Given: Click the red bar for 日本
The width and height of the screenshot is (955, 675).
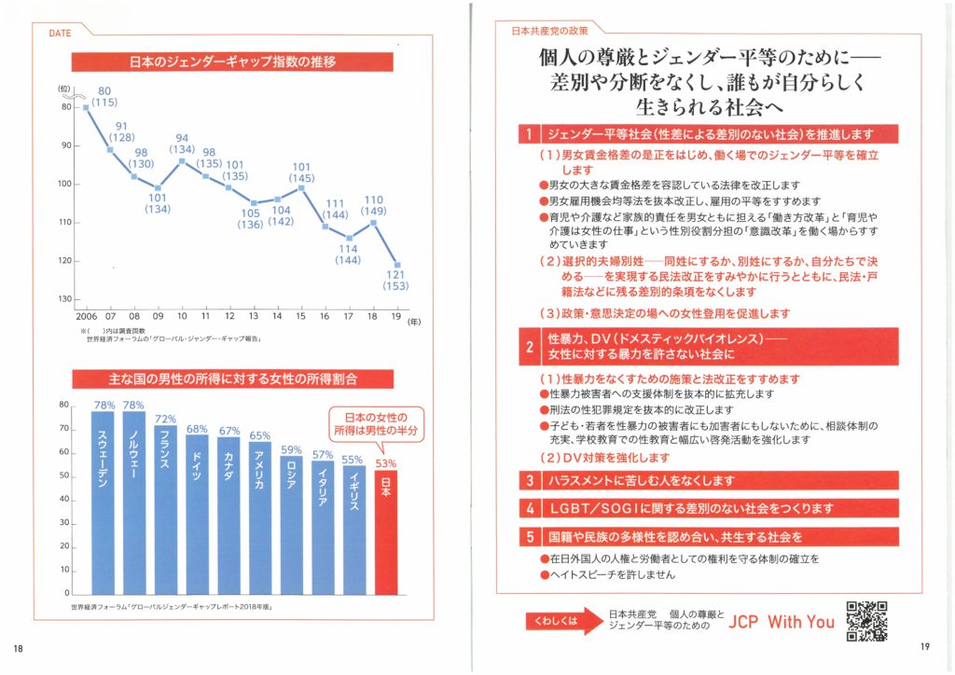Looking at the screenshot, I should click(386, 531).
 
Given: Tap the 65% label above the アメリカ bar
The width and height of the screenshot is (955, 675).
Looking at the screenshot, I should click(260, 435).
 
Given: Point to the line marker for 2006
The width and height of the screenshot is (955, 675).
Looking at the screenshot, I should click(87, 107).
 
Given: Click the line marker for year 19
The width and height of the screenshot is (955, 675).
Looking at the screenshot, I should click(399, 265).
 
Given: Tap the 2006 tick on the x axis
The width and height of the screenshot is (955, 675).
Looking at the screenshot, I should click(86, 317).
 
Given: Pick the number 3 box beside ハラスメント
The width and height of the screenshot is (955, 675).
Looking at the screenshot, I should click(529, 481).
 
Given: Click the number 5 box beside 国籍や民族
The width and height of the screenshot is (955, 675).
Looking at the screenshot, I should click(529, 537).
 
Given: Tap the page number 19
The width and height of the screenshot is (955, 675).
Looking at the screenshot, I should click(924, 649).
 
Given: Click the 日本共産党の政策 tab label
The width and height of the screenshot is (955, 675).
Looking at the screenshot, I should click(548, 31).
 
